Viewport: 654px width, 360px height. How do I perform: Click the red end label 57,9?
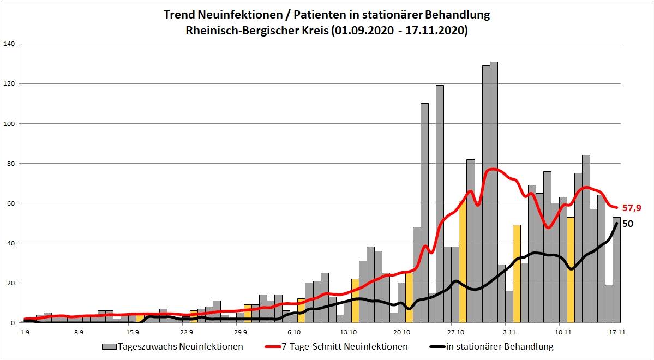click(633, 208)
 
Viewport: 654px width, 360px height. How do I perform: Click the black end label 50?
click(628, 224)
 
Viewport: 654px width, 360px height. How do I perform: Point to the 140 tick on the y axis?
click(10, 44)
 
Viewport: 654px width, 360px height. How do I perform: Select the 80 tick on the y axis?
click(11, 163)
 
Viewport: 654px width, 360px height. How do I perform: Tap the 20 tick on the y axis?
click(11, 283)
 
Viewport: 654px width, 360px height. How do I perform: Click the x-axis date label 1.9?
click(25, 331)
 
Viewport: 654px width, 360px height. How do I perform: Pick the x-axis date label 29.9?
click(241, 331)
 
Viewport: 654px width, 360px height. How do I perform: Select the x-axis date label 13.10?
click(348, 331)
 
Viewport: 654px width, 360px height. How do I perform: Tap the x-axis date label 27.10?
click(455, 331)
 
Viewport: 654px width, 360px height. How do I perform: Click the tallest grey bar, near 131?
click(494, 191)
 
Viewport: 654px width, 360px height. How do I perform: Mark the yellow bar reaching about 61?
click(463, 262)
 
